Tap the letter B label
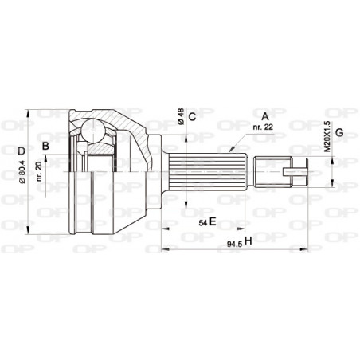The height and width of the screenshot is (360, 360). (46, 146)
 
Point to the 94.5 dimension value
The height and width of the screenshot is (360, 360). (233, 241)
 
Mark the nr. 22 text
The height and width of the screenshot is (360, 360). (262, 127)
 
